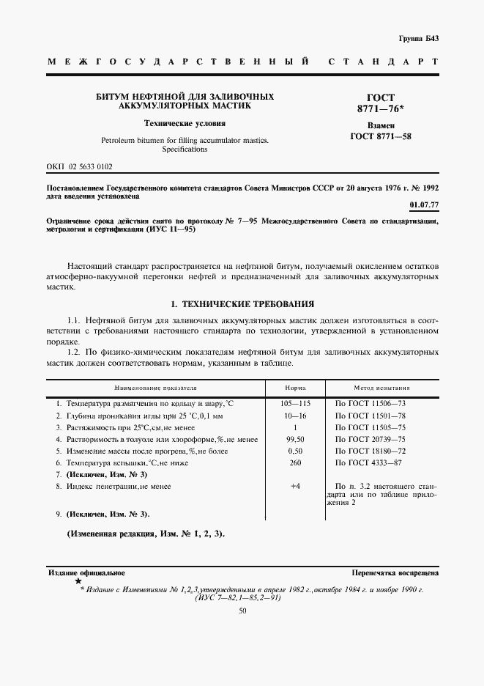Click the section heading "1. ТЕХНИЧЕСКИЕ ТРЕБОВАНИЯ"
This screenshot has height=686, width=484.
(242, 303)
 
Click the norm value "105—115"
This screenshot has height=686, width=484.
(295, 404)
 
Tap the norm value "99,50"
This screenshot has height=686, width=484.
(295, 439)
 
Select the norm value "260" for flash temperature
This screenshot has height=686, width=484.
(295, 463)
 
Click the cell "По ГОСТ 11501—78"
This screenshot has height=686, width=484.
(371, 416)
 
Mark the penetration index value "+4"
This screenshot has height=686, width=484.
(295, 486)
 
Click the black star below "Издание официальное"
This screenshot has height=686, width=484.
(78, 580)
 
